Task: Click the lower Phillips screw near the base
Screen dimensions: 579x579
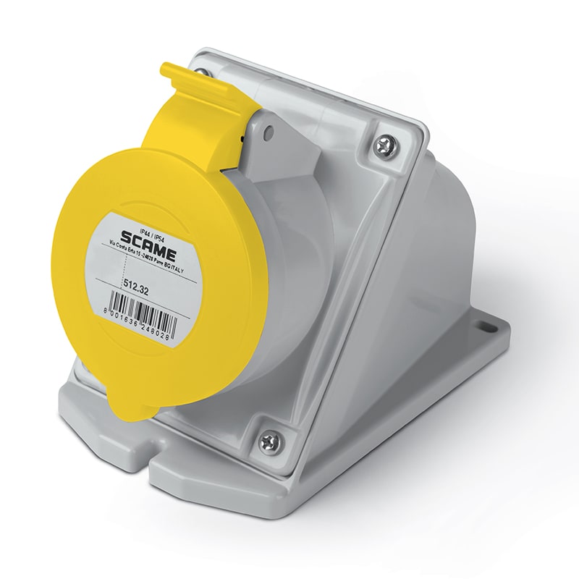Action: point(270,439)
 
